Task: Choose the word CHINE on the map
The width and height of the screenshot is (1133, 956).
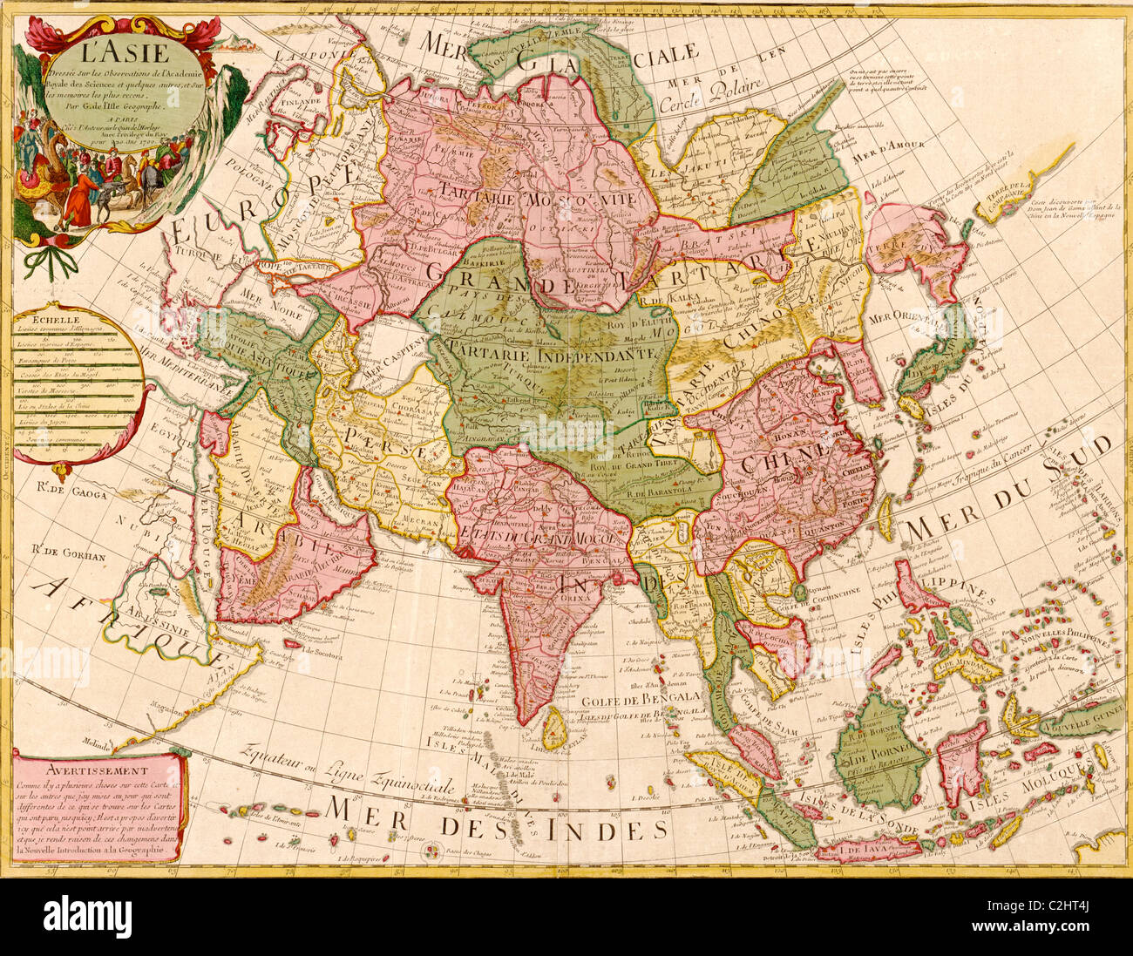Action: tap(777, 455)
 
